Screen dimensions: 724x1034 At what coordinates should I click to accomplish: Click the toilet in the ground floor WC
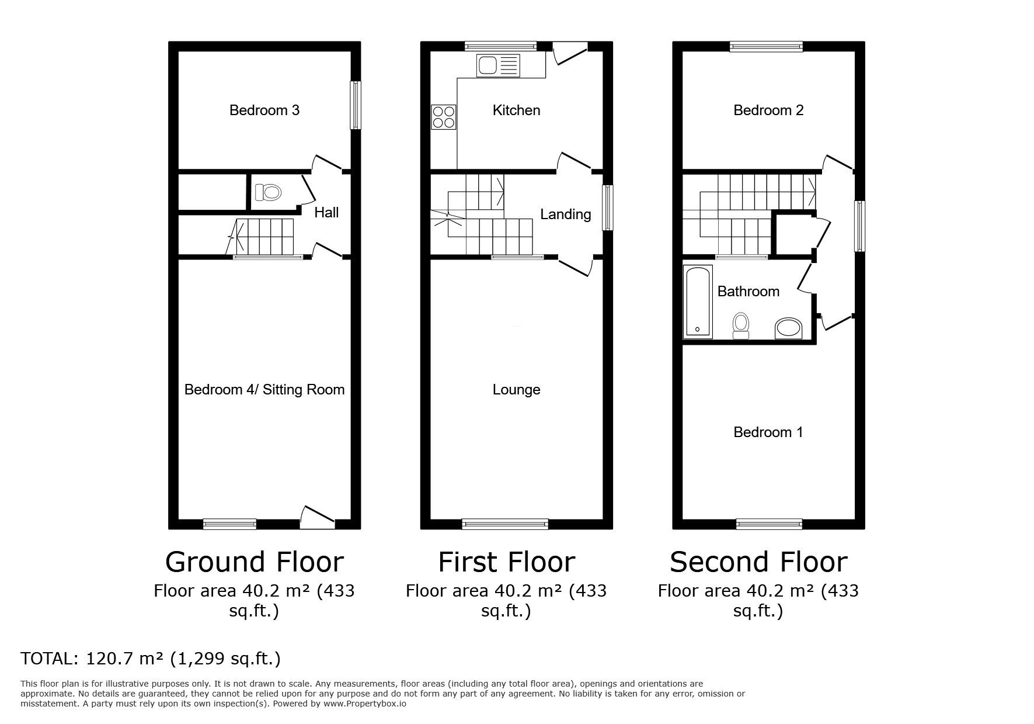[269, 192]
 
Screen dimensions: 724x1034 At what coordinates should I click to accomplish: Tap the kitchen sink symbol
[497, 65]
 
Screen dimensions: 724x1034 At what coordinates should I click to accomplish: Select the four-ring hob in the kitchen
[443, 116]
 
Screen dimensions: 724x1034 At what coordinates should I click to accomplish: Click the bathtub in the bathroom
[698, 302]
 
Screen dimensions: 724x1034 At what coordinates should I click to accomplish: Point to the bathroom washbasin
[789, 328]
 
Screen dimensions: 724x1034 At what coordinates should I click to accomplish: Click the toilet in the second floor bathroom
[741, 325]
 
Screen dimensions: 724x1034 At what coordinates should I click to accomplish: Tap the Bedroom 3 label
[264, 110]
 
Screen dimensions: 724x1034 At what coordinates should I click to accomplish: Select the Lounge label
[516, 390]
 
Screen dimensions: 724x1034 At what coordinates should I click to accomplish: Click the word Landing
[565, 214]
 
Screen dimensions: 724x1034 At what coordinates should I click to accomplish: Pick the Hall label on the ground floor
[326, 212]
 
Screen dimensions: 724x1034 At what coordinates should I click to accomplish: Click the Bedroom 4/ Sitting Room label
[264, 390]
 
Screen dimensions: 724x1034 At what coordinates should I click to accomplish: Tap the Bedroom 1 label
[768, 432]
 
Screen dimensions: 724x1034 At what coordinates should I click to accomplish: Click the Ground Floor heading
[254, 562]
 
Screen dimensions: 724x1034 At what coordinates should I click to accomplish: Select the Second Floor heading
[758, 562]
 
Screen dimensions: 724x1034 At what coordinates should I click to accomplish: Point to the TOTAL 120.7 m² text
[151, 659]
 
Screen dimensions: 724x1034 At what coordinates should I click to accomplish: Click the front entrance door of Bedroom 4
[317, 518]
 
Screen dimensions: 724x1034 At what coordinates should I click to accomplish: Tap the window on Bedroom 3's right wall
[355, 105]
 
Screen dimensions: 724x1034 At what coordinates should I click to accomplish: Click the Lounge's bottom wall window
[505, 524]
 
